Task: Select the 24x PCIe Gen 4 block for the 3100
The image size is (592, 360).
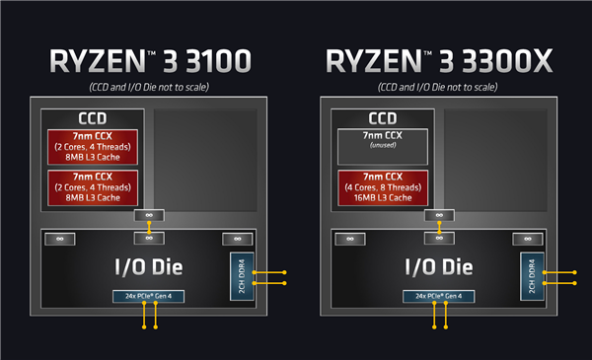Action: [148, 296]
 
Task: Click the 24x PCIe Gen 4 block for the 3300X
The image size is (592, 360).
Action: [438, 296]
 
